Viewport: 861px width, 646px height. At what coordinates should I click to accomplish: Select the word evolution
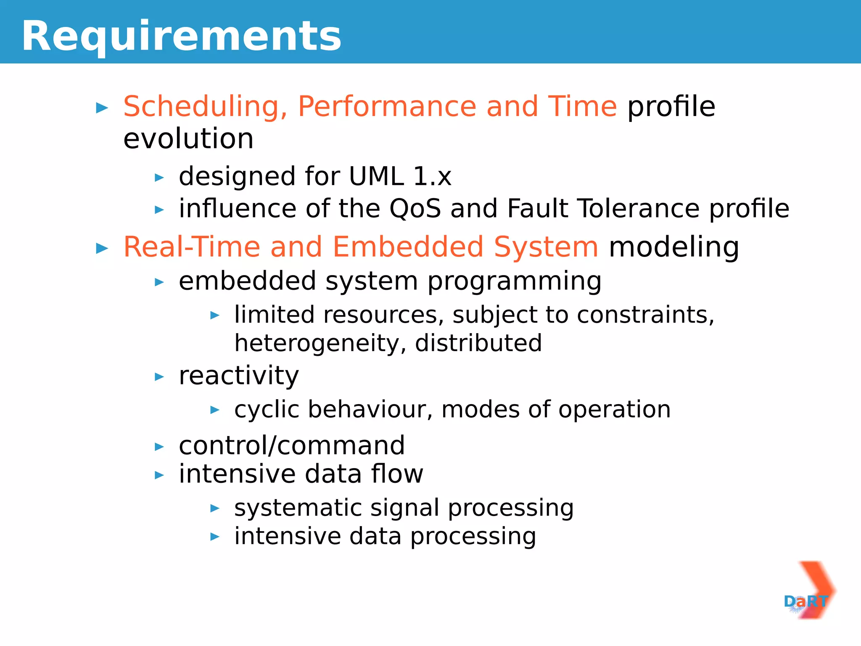pyautogui.click(x=188, y=139)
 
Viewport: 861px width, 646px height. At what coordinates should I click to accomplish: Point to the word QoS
pyautogui.click(x=415, y=208)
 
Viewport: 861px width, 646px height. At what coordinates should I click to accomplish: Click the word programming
pyautogui.click(x=514, y=281)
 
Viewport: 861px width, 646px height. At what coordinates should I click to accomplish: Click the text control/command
pyautogui.click(x=291, y=445)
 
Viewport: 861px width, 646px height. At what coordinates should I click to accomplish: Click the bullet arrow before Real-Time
pyautogui.click(x=102, y=248)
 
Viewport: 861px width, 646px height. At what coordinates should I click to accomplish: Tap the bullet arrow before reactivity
pyautogui.click(x=159, y=377)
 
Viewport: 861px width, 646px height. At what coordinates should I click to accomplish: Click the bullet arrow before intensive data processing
pyautogui.click(x=214, y=537)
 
